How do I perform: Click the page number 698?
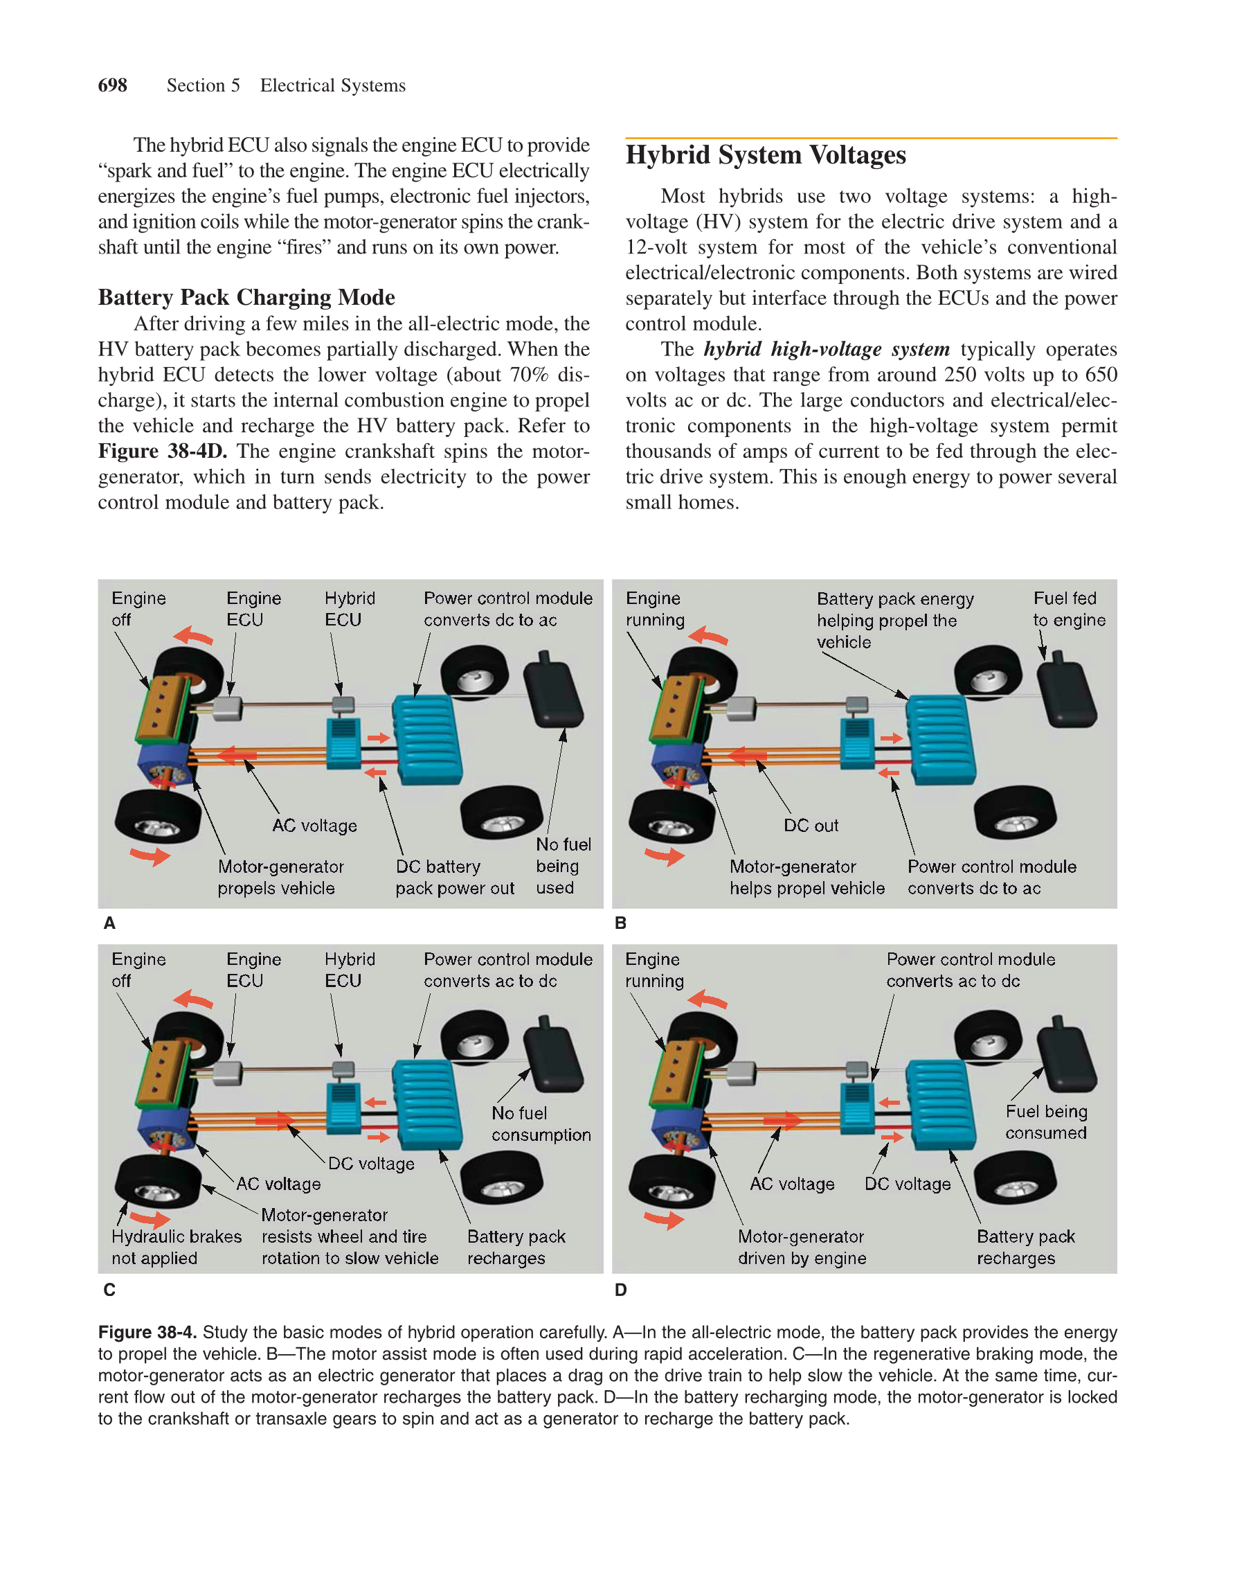(112, 85)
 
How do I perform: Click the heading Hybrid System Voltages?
(765, 155)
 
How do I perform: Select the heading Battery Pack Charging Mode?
(246, 297)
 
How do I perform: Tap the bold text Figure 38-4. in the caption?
(147, 1332)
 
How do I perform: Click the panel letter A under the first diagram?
(109, 923)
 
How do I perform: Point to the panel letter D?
(620, 1290)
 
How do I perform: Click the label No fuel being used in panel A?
(562, 866)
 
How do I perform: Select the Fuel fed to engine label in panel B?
(1067, 609)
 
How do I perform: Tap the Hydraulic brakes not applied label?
(176, 1247)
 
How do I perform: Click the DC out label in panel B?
(810, 826)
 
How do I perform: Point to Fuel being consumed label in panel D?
(1046, 1122)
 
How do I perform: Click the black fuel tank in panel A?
(554, 691)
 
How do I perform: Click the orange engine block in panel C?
(163, 1072)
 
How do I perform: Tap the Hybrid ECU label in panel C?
(349, 970)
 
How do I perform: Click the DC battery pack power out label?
(454, 878)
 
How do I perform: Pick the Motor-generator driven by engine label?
(802, 1247)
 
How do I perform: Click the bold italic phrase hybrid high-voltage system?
(827, 349)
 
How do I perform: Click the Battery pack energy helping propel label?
(894, 620)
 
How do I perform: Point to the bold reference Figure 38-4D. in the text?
(162, 451)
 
